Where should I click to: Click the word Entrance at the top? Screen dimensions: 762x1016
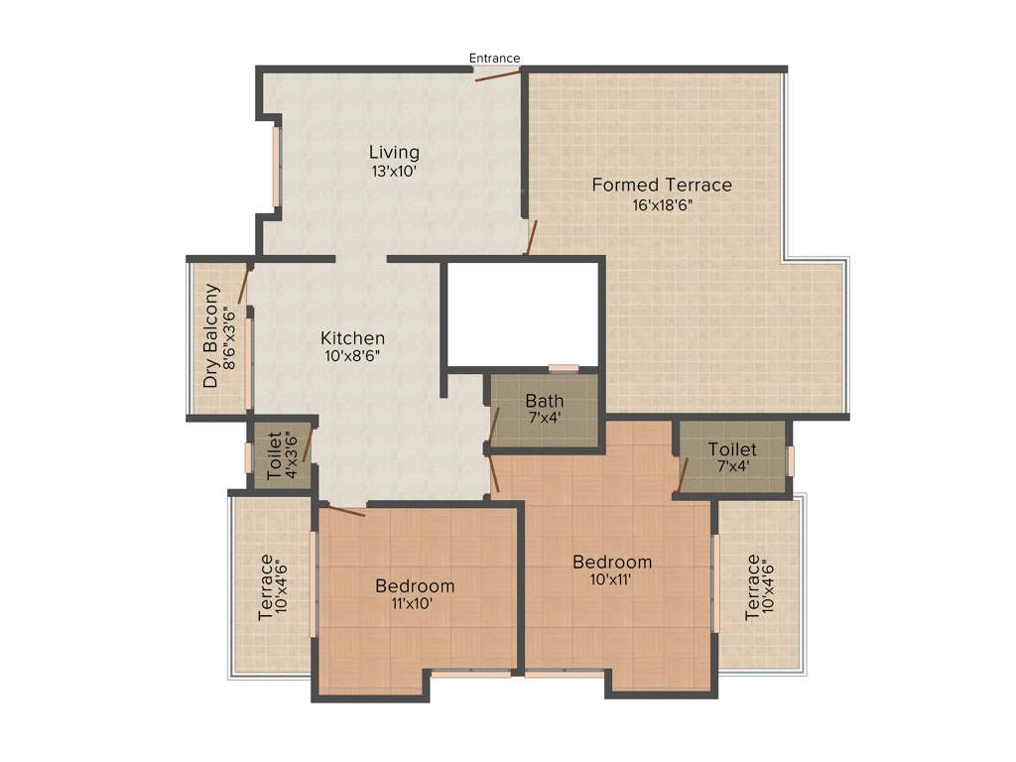[x=494, y=59]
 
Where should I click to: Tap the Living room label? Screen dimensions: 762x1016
[x=394, y=153]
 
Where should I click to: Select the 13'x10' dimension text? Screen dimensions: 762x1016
[x=394, y=171]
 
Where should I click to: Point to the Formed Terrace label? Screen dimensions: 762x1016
[x=662, y=185]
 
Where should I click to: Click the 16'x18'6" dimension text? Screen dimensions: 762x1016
[x=662, y=205]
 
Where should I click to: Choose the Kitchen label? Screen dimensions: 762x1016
[x=352, y=338]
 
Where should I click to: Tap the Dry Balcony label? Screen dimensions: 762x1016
[x=210, y=336]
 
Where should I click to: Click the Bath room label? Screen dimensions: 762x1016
[x=545, y=401]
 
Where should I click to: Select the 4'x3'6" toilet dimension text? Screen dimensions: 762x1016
[x=292, y=455]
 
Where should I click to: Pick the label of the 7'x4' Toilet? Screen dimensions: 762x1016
[x=732, y=449]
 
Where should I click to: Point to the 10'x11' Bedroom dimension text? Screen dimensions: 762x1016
[x=612, y=579]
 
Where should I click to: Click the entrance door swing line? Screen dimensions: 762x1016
[x=497, y=75]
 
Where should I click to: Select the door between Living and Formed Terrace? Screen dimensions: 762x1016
[x=531, y=238]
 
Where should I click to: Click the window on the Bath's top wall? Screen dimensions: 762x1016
[x=564, y=368]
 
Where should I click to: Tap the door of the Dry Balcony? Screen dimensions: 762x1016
[x=242, y=286]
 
